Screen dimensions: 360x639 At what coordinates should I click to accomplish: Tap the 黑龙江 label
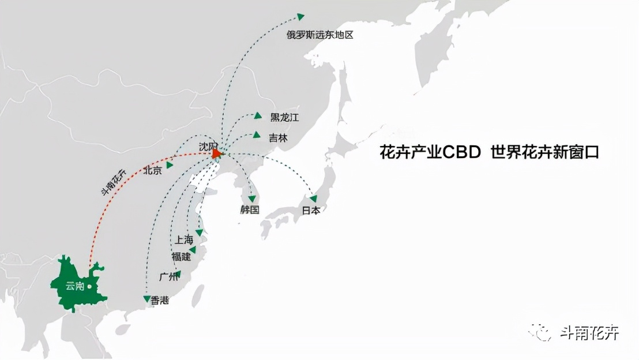pos(285,118)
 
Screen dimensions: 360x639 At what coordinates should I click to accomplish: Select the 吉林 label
pos(278,138)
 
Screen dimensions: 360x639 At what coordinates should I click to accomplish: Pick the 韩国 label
pos(250,209)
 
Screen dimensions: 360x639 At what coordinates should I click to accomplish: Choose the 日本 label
pos(311,211)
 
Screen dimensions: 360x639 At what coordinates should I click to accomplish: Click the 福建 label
pos(181,256)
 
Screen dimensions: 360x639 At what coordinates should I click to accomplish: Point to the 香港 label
pos(160,300)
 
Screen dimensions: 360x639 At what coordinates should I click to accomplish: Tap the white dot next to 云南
pos(89,286)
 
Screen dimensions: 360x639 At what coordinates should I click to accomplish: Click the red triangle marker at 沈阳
pos(216,153)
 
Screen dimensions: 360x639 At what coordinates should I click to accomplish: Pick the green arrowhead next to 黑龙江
pos(258,116)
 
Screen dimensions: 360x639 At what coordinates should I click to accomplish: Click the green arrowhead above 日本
pos(313,198)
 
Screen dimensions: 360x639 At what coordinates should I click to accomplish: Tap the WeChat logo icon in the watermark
pos(542,333)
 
